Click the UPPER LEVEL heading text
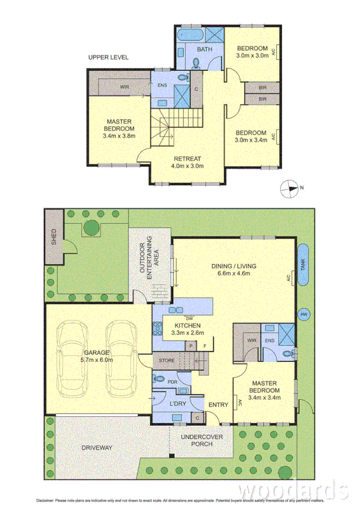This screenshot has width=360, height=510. tap(108, 58)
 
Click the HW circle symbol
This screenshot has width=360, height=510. tap(304, 313)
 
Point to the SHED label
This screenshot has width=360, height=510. tap(53, 237)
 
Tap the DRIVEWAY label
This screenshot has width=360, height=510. tap(98, 448)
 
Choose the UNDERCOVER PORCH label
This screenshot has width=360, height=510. tap(200, 441)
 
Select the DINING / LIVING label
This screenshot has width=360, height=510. tap(234, 269)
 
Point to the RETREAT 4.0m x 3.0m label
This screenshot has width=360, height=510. tap(188, 162)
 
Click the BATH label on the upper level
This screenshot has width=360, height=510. tap(205, 49)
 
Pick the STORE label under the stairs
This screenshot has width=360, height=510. tap(166, 360)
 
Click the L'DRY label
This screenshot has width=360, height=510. tap(178, 402)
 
